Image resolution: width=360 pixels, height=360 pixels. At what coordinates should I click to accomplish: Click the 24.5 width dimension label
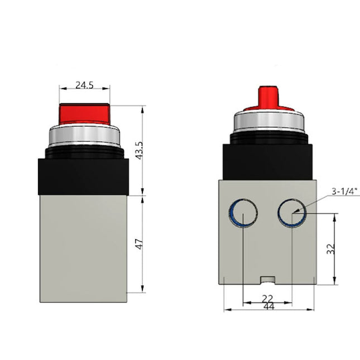pos(84,85)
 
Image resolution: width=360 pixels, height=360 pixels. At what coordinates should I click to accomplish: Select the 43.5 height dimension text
pos(139,150)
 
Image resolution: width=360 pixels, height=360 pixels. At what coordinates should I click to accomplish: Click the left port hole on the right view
pos(243,213)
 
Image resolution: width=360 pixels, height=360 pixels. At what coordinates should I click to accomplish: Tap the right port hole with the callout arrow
pos(291,213)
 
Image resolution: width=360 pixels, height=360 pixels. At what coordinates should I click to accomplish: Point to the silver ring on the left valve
pos(84,134)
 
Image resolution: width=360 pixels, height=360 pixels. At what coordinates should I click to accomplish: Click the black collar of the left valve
pos(84,176)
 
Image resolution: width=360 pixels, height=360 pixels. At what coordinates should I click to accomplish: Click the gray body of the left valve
pos(84,246)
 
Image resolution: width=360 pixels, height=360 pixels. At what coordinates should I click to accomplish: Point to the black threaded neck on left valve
pos(84,151)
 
